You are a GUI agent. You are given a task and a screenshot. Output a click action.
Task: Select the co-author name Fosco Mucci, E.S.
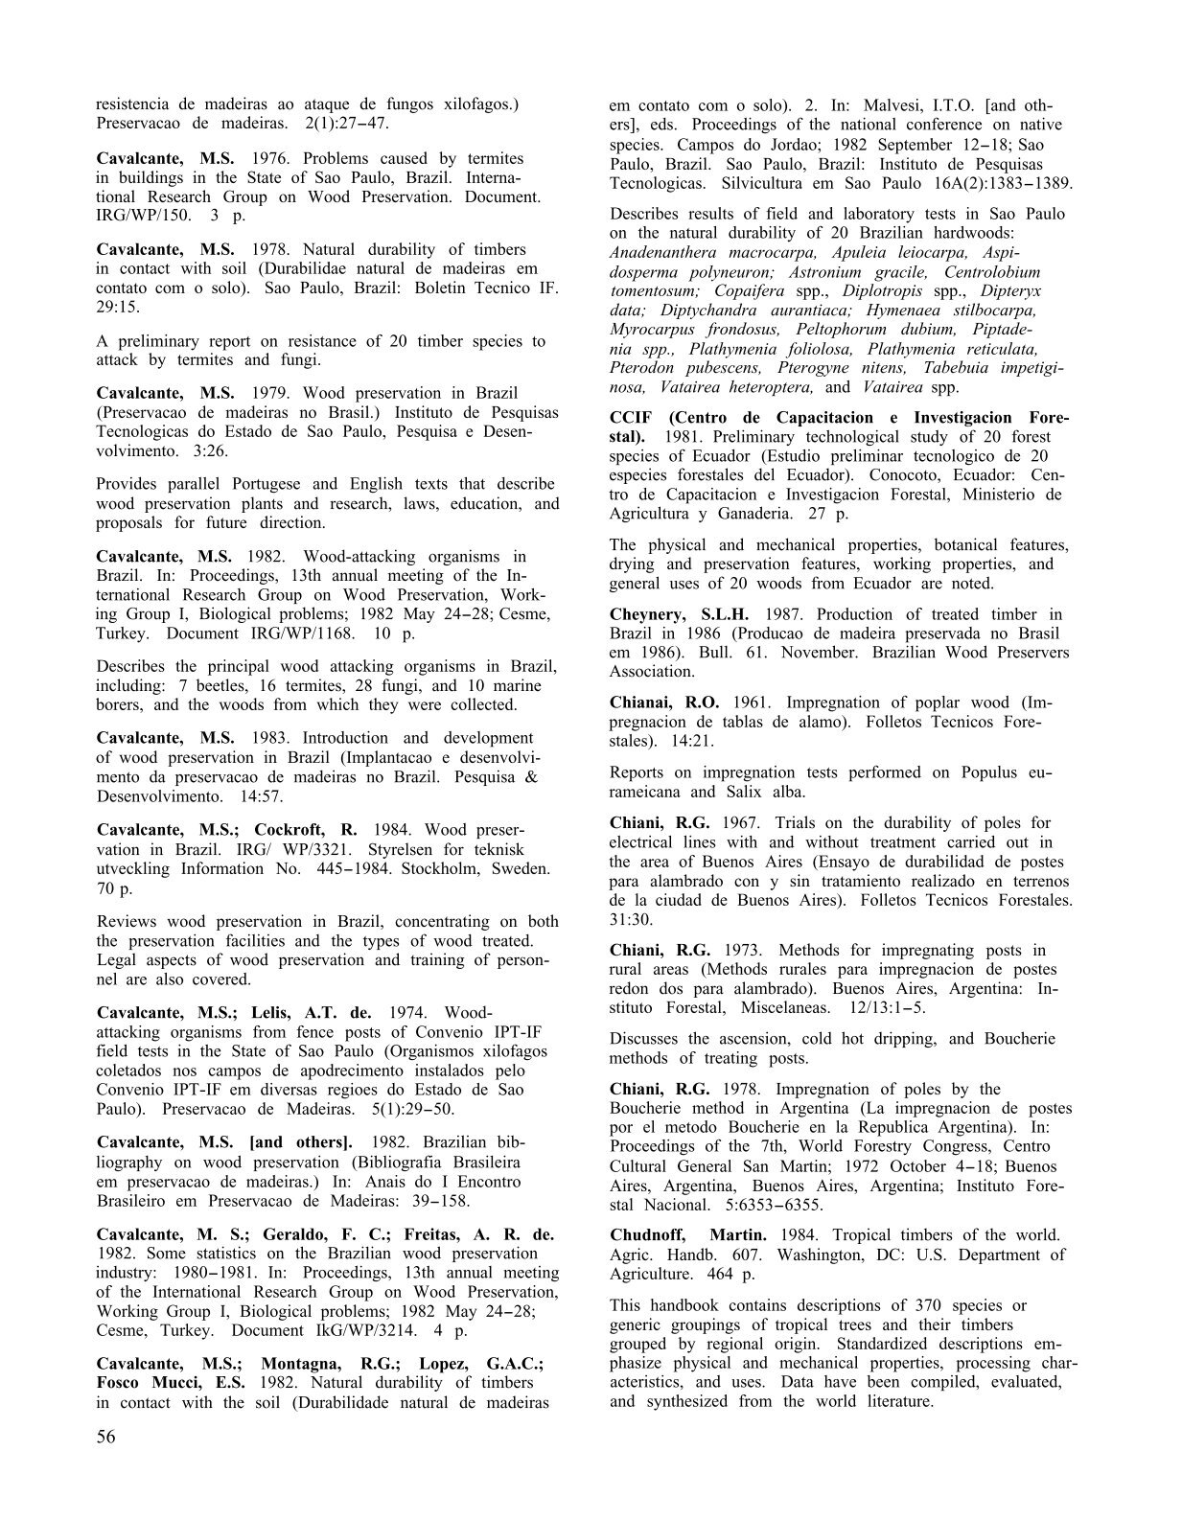pos(170,1383)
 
